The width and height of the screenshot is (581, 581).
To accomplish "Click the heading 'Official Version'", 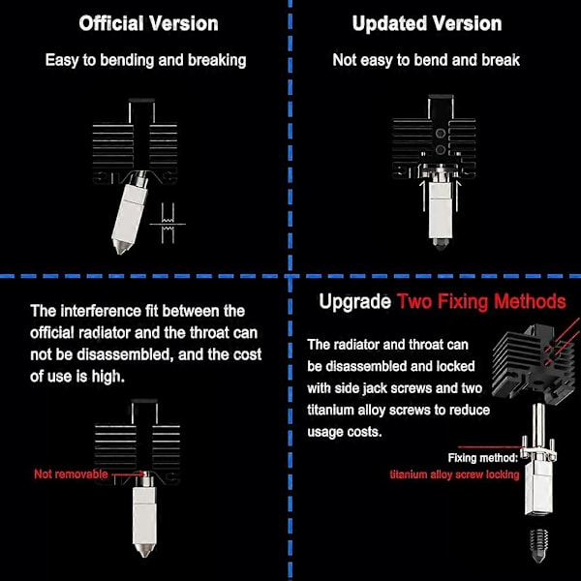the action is tap(148, 23).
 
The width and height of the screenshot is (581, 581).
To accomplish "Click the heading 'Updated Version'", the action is tap(427, 23).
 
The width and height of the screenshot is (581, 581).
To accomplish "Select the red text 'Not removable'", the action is tap(71, 474).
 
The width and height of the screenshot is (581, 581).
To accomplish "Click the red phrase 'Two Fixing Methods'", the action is tap(481, 301).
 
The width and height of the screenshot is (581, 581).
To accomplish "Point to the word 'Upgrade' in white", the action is tap(354, 301).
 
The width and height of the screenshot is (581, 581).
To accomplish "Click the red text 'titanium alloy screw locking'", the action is tap(455, 474).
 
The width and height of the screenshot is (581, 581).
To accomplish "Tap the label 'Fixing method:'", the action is tap(483, 458).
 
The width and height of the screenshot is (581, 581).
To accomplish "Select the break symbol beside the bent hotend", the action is tap(168, 224).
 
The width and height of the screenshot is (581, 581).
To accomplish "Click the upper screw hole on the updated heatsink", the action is tap(441, 134).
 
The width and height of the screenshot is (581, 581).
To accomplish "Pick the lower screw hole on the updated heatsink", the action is tap(441, 150).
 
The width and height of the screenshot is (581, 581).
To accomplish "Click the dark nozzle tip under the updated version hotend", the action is tap(441, 244).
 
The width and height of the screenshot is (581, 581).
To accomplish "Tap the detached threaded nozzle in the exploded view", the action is tap(538, 545).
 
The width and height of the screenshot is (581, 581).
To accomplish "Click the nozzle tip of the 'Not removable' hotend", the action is tap(144, 550).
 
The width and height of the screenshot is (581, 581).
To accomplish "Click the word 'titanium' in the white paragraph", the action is tap(330, 411).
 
